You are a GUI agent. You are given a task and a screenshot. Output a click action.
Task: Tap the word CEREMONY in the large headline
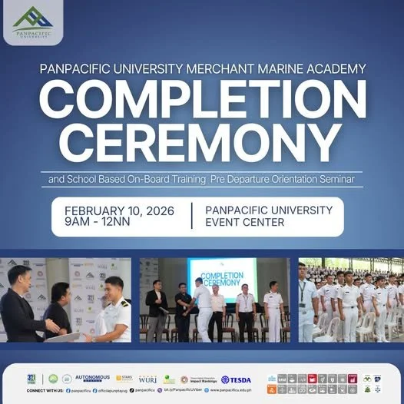[x=201, y=144]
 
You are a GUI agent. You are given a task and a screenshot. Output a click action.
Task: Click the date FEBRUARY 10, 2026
[x=119, y=210]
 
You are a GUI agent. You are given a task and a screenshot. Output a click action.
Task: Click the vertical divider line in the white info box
[x=190, y=217]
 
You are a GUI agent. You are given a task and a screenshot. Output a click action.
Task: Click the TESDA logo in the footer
[x=237, y=379]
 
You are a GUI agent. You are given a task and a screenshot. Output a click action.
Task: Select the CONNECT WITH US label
[x=44, y=390]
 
